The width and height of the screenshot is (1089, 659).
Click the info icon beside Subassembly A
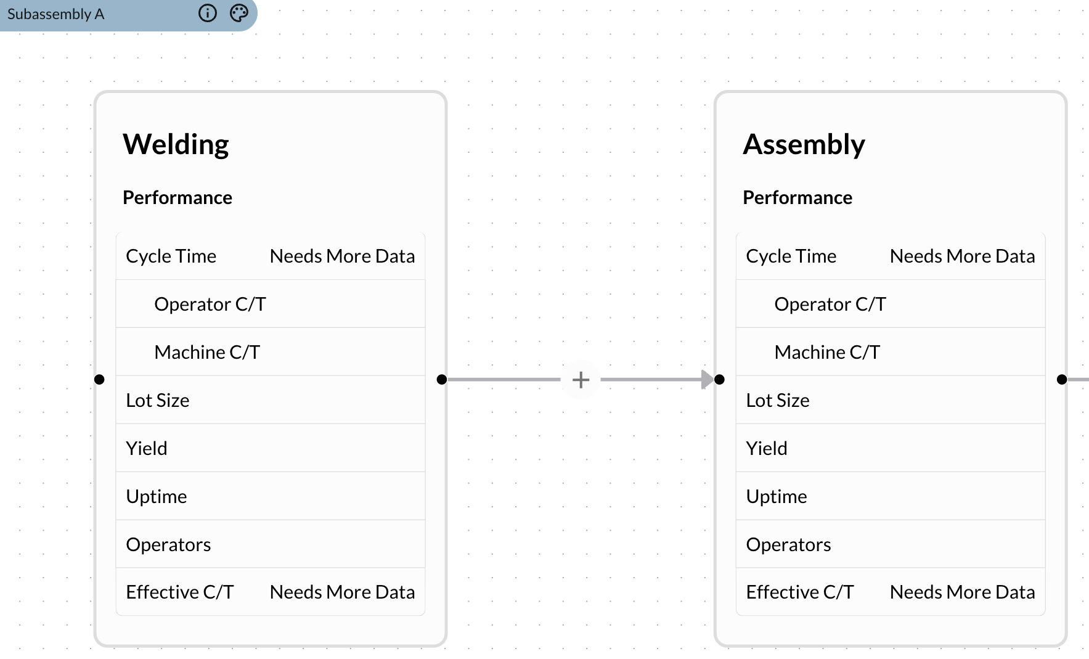[x=208, y=14]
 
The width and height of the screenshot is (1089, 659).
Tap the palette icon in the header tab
[x=239, y=14]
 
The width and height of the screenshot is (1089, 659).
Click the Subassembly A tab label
[x=55, y=14]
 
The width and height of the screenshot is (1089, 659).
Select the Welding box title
[x=176, y=144]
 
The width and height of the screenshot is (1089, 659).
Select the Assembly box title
[x=804, y=144]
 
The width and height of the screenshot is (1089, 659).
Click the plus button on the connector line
[x=581, y=380]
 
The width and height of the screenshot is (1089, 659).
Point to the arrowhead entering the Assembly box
[x=707, y=380]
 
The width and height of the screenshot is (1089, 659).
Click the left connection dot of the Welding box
[x=99, y=380]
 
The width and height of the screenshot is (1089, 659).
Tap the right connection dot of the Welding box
[x=441, y=380]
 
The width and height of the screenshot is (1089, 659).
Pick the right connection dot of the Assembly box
[x=1061, y=380]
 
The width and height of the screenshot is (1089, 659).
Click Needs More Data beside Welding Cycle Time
[x=342, y=256]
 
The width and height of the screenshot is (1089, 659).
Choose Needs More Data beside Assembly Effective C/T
[x=962, y=592]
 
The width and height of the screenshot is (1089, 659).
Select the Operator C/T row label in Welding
[x=210, y=305]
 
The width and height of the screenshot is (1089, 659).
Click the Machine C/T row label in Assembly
[x=827, y=353]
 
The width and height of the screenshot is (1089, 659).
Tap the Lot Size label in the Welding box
[x=157, y=401]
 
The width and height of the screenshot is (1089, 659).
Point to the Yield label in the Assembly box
[x=766, y=449]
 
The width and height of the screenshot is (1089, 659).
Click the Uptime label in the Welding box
[x=156, y=497]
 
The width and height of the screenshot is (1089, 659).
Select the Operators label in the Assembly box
[x=788, y=545]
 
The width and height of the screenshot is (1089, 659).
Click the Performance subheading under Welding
[x=177, y=198]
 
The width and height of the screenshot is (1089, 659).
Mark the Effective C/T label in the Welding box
[x=179, y=592]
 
